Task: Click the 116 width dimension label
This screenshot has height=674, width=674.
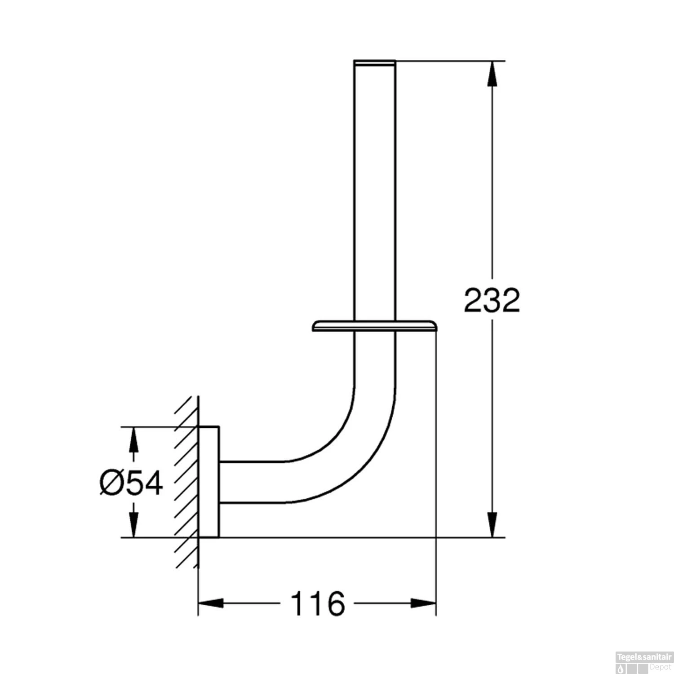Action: [318, 603]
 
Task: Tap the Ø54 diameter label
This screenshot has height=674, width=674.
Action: [131, 483]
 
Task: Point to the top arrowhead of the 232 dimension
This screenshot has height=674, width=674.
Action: [493, 73]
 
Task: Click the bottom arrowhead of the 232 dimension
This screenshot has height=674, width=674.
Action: [493, 524]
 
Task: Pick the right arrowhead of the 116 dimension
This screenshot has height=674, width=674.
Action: [423, 603]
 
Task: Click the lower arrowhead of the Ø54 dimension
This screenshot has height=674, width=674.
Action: [133, 525]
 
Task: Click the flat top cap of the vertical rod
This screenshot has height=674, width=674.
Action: [375, 62]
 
